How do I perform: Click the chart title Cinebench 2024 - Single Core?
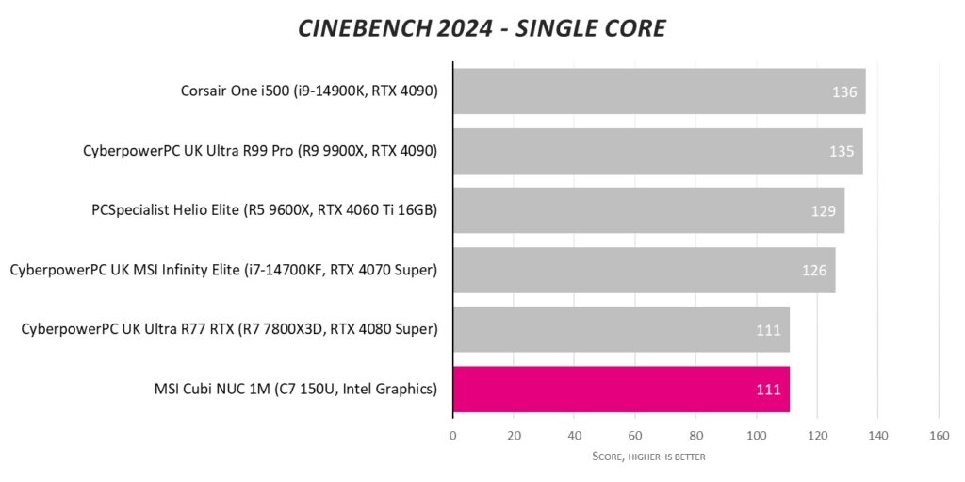coord(482,28)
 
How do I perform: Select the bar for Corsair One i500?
coord(659,91)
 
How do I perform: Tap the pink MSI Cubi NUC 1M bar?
coord(621,389)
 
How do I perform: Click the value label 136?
coord(843,92)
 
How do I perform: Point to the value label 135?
coord(842,152)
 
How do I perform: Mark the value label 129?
coord(823,211)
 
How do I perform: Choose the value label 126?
coord(814,271)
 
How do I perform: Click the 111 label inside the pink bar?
coord(769,389)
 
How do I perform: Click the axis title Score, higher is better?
coord(648,457)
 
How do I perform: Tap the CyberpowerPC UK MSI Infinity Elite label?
coord(224,270)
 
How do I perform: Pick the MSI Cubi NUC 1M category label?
coord(287,389)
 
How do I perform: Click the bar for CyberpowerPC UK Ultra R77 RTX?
coord(621,329)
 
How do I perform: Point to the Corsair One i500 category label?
coord(309,91)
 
